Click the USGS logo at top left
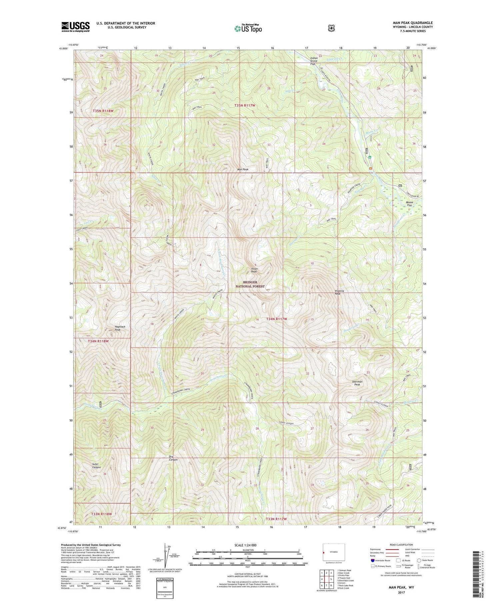75,27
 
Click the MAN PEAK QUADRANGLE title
413,23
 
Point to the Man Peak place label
243,170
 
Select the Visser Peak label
254,270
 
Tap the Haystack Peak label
120,328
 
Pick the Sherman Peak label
357,383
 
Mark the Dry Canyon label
173,458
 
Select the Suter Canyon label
96,466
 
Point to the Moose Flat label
409,204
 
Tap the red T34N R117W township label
276,319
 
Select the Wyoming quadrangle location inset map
333,552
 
